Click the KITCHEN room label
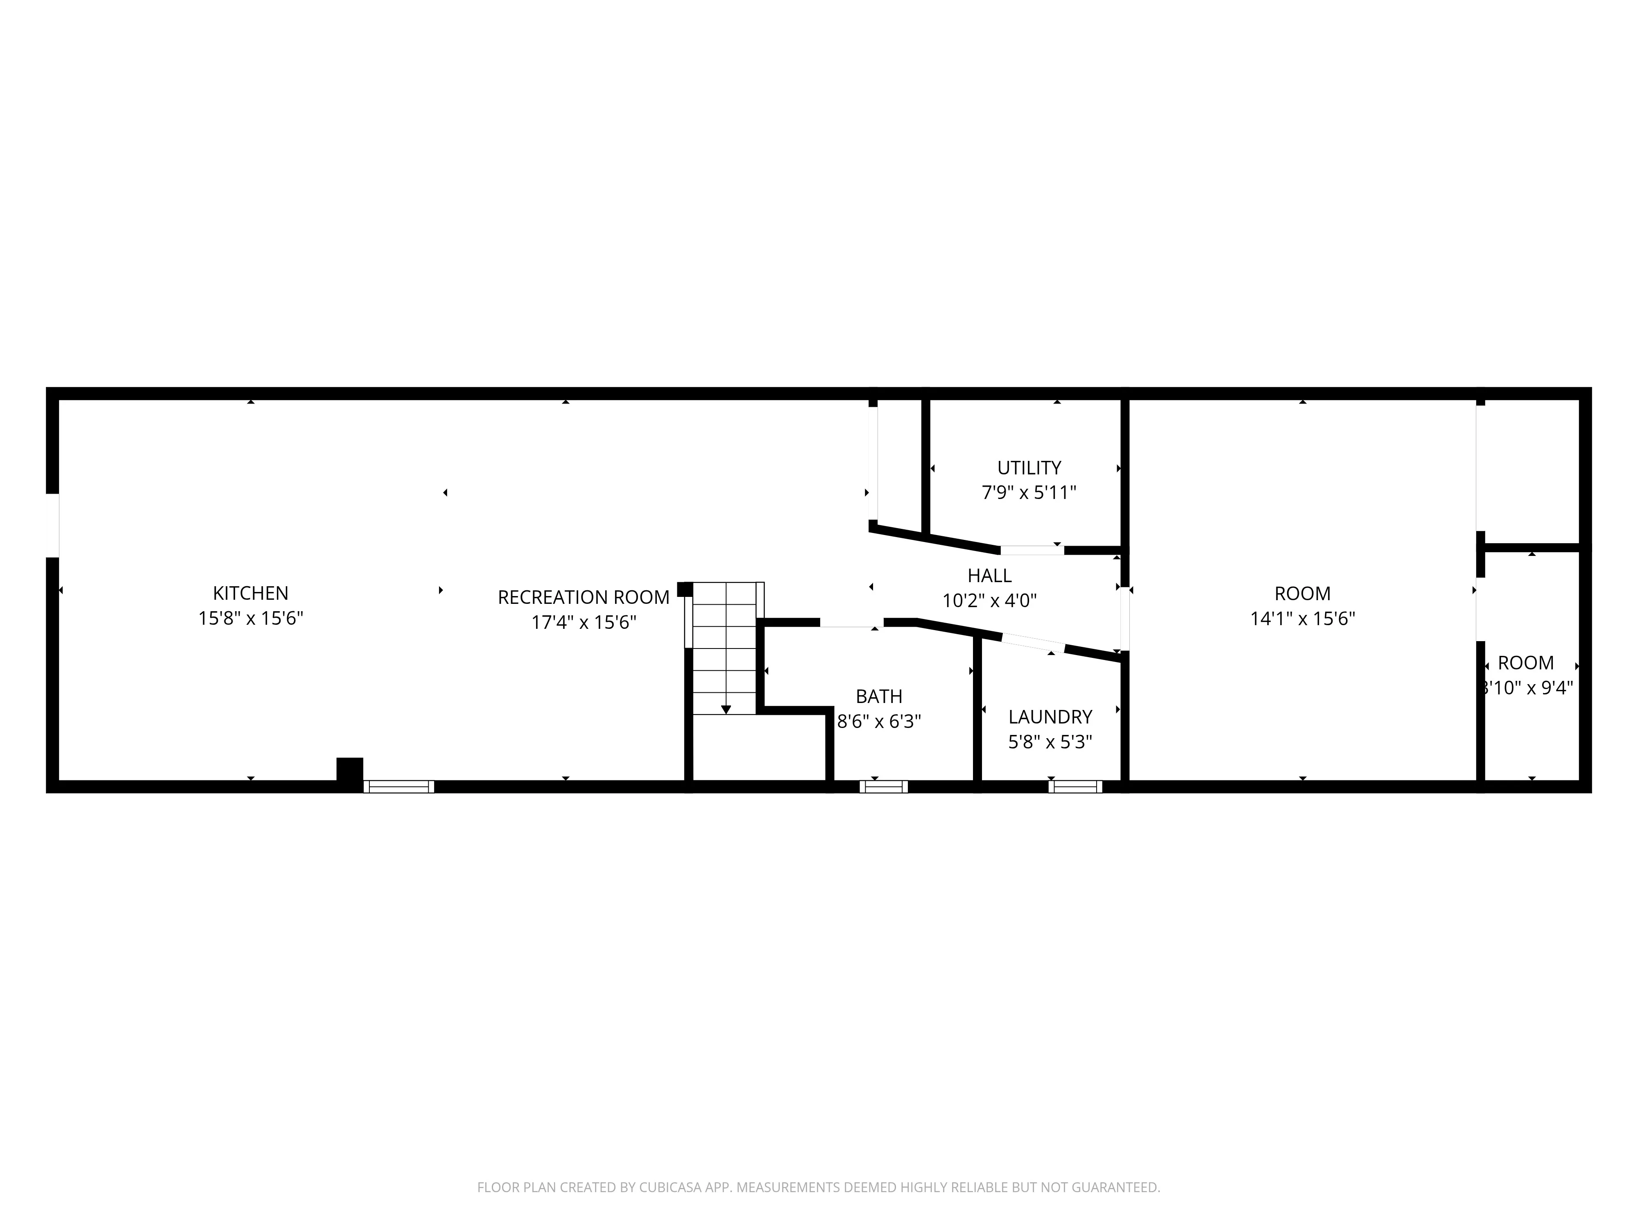[x=250, y=593]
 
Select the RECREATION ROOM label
[x=584, y=597]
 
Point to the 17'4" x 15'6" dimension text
[x=584, y=622]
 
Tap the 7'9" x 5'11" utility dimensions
[x=1029, y=493]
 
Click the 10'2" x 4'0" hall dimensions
[x=989, y=600]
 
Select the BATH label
[x=879, y=696]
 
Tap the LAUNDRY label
[x=1050, y=717]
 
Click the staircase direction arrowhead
[x=726, y=710]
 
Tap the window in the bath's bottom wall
[x=883, y=787]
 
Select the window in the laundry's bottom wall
[x=1075, y=787]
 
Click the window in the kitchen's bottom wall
[x=398, y=787]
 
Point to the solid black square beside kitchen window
[x=350, y=770]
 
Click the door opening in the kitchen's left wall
[x=52, y=525]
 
